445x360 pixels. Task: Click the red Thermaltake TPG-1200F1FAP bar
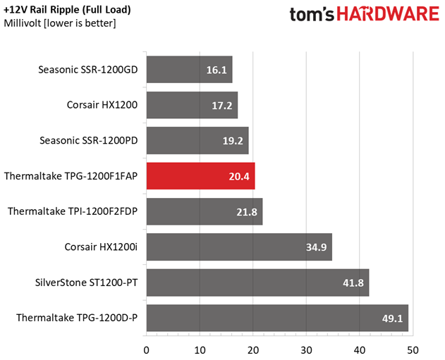pos(201,175)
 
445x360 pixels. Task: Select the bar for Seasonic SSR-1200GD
pos(189,70)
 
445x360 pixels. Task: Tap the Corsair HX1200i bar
pos(239,247)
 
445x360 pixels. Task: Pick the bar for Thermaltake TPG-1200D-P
pos(277,318)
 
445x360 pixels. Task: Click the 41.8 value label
pos(353,283)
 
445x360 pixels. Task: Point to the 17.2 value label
pos(222,106)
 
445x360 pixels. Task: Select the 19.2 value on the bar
pos(233,141)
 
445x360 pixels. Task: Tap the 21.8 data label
pos(247,212)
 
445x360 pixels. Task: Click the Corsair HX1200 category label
pos(102,105)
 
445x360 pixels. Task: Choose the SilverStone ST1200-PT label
pos(86,283)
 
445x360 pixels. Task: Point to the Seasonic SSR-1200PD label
pos(89,140)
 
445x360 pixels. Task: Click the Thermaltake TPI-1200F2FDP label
pos(73,211)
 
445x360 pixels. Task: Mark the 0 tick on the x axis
pos(147,350)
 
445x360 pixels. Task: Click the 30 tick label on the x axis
pos(306,350)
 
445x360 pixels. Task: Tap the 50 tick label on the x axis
pos(413,350)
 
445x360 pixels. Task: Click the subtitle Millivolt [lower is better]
pos(60,23)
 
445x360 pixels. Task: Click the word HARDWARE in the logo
pos(388,14)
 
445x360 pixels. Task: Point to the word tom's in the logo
pos(312,14)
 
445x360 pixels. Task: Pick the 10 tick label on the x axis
pos(200,350)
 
